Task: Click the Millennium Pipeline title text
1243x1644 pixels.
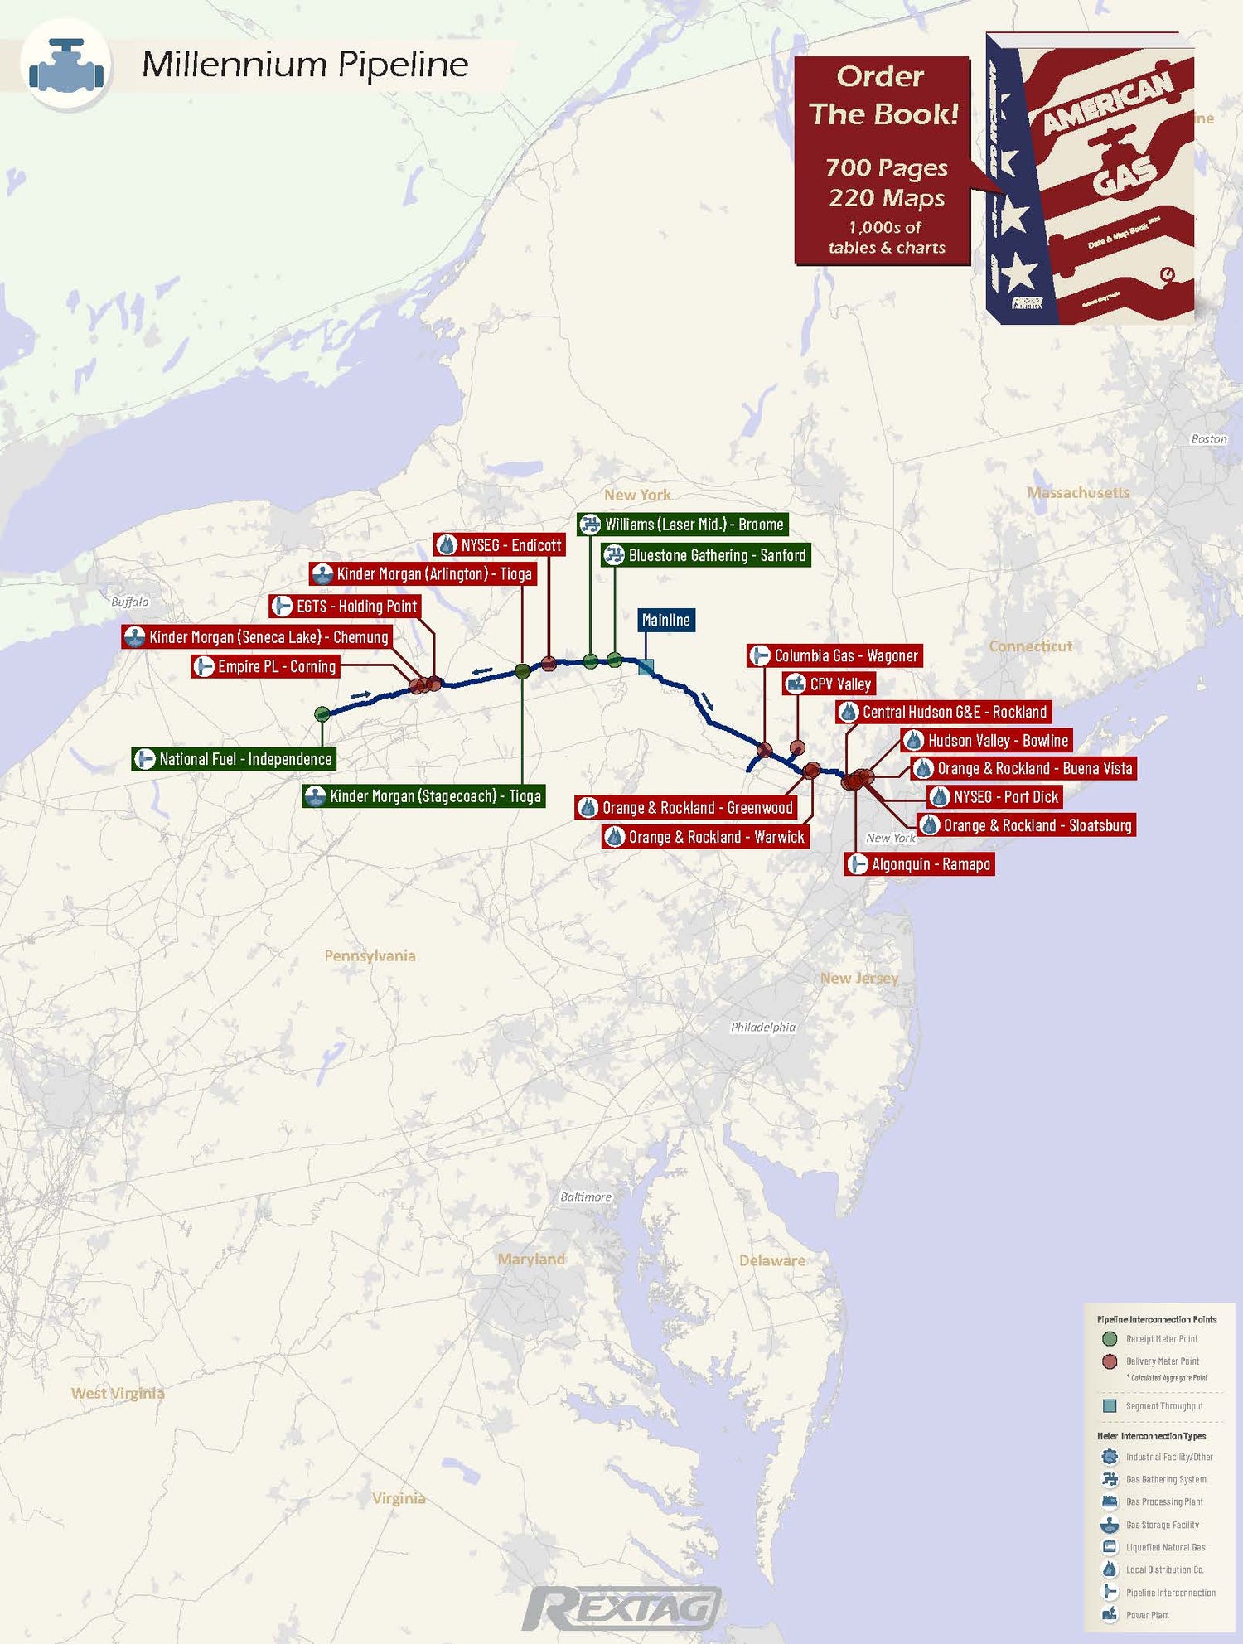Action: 305,65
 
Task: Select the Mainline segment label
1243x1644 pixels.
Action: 665,620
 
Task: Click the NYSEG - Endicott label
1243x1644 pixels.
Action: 500,545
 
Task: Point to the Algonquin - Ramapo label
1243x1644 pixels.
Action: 920,864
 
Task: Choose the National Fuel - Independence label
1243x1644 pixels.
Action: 234,759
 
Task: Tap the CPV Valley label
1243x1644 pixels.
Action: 829,684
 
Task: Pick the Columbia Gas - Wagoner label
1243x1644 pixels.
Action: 834,655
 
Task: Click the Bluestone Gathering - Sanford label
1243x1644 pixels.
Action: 706,555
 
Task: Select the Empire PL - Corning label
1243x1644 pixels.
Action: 265,666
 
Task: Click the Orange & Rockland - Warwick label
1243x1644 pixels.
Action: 705,837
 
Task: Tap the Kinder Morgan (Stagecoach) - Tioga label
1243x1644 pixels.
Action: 423,796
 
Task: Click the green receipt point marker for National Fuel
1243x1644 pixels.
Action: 322,713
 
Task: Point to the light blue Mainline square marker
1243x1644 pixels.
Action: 646,666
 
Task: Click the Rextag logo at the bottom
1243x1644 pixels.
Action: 621,1608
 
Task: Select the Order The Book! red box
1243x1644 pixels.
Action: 883,161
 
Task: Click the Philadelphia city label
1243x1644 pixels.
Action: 762,1027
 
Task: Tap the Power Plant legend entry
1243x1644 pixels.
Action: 1147,1615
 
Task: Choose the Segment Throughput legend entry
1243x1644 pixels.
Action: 1163,1406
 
